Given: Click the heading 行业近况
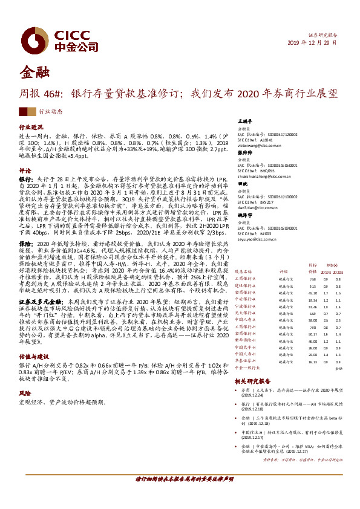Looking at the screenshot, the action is [31, 128].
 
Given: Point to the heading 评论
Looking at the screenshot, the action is [25, 170].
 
